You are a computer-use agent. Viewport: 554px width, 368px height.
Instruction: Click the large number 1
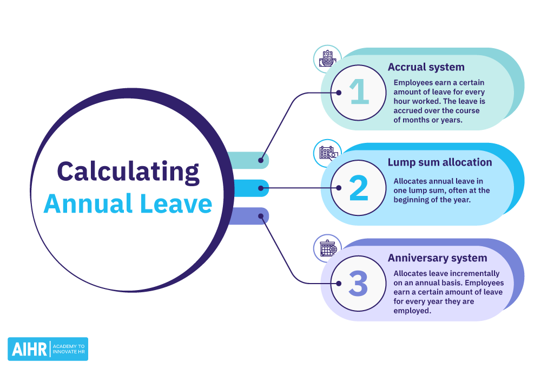358,93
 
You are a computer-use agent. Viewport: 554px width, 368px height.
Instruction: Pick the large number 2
358,188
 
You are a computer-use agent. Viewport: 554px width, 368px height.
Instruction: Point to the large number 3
358,284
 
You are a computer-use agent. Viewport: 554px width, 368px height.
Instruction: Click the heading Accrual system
426,68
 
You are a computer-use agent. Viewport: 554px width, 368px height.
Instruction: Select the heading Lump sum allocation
440,162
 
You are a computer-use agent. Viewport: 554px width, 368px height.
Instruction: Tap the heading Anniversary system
437,258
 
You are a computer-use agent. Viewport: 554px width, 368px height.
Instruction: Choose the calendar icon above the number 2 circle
327,153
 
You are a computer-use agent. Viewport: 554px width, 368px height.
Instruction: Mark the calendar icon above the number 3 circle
327,248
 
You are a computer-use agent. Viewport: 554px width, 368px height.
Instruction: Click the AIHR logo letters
29,349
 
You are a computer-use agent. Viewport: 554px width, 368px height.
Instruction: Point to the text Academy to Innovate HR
69,349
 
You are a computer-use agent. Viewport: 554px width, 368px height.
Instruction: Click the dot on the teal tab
261,160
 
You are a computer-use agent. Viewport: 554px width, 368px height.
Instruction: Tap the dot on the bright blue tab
261,188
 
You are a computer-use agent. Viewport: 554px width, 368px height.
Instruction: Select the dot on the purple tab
261,216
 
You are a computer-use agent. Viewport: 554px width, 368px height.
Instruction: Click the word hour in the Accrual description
403,102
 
